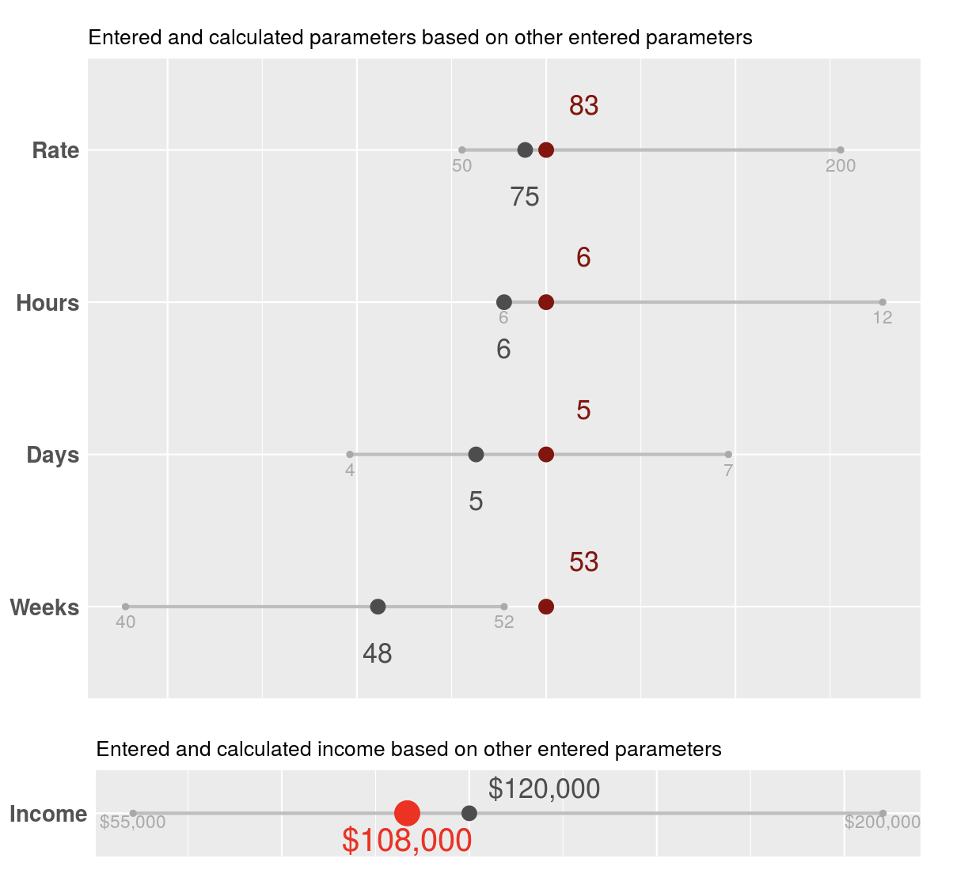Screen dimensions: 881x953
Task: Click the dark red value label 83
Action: click(583, 105)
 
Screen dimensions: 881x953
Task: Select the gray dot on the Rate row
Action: click(525, 150)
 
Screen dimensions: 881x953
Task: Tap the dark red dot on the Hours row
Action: click(546, 302)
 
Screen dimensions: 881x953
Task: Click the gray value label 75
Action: click(525, 197)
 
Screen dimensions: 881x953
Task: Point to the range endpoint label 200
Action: click(841, 166)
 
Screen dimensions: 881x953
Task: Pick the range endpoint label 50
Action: click(462, 166)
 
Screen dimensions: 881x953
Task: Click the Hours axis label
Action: click(47, 303)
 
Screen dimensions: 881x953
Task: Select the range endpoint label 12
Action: click(883, 318)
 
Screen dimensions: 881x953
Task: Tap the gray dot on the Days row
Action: click(476, 455)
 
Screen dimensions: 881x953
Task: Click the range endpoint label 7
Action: click(728, 471)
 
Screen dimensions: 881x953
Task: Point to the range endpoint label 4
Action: click(350, 471)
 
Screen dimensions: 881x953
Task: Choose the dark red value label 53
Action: click(583, 562)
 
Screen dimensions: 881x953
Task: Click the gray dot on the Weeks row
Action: click(378, 607)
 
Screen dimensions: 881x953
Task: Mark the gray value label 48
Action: click(378, 654)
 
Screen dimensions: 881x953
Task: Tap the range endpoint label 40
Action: click(126, 622)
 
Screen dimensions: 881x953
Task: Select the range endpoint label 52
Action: click(504, 622)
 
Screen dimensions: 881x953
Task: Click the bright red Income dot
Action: click(407, 813)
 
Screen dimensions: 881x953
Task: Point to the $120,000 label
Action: click(544, 788)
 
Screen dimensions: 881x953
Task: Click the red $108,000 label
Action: click(407, 841)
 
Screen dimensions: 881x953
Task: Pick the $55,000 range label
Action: click(133, 822)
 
